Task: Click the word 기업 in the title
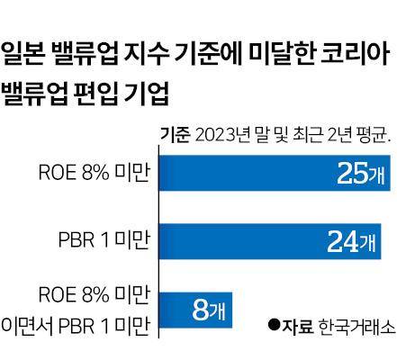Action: tap(151, 93)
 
